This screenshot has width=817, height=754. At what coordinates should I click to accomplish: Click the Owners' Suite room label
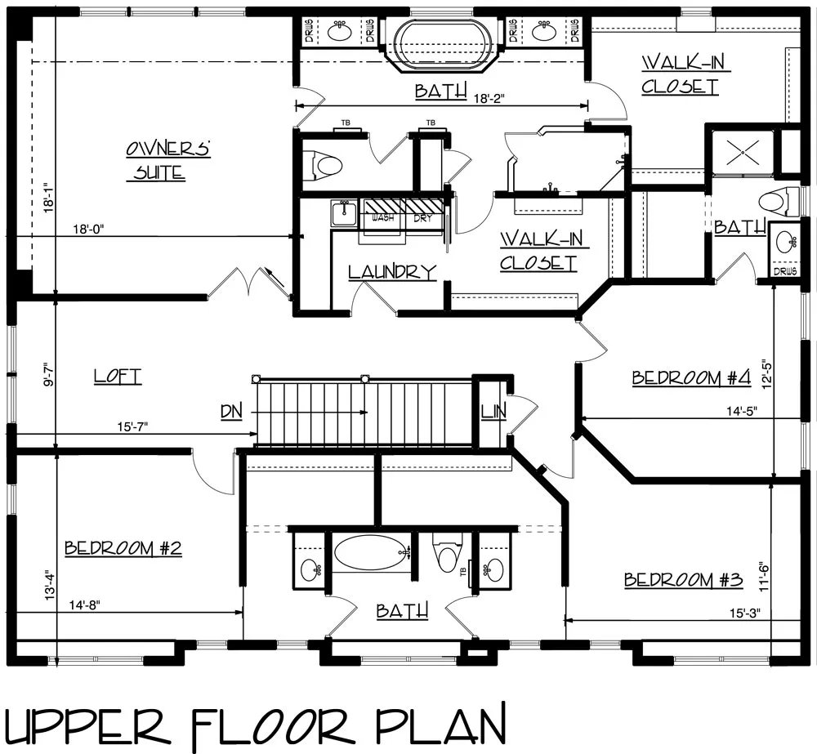(x=168, y=160)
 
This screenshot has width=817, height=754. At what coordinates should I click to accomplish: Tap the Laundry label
(x=392, y=272)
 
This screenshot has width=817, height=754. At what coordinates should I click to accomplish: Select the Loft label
(x=118, y=377)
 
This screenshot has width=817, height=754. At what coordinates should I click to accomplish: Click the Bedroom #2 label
(x=123, y=548)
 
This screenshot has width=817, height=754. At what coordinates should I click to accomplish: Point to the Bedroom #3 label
(x=683, y=579)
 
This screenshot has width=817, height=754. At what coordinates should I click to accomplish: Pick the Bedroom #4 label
(x=691, y=377)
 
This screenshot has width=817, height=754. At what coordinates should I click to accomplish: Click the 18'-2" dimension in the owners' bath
(x=489, y=99)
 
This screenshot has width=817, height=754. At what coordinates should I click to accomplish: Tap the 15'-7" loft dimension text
(x=132, y=426)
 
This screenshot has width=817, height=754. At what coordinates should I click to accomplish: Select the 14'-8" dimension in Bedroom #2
(x=84, y=605)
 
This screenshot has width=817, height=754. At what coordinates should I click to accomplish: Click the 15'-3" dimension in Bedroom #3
(x=744, y=613)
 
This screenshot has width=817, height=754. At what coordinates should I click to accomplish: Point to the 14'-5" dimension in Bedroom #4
(x=742, y=411)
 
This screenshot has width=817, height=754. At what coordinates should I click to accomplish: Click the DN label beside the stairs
(x=231, y=412)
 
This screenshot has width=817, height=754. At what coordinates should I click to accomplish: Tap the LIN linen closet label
(x=493, y=412)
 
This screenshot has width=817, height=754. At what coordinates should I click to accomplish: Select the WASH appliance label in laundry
(x=383, y=218)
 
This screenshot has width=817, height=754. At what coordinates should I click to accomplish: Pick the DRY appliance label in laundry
(x=423, y=218)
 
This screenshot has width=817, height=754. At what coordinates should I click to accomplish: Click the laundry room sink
(x=343, y=214)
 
